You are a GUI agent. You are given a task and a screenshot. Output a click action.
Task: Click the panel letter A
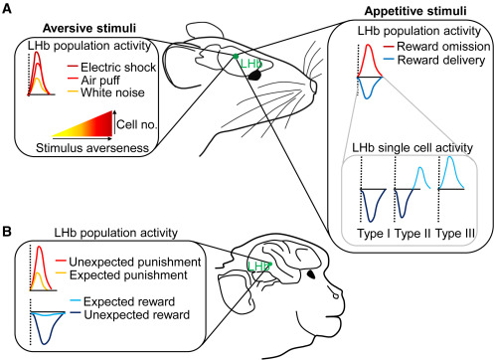8,9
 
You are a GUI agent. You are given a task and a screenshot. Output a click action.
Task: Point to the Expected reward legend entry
116,298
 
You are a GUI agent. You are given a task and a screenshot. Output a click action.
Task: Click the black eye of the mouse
255,73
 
